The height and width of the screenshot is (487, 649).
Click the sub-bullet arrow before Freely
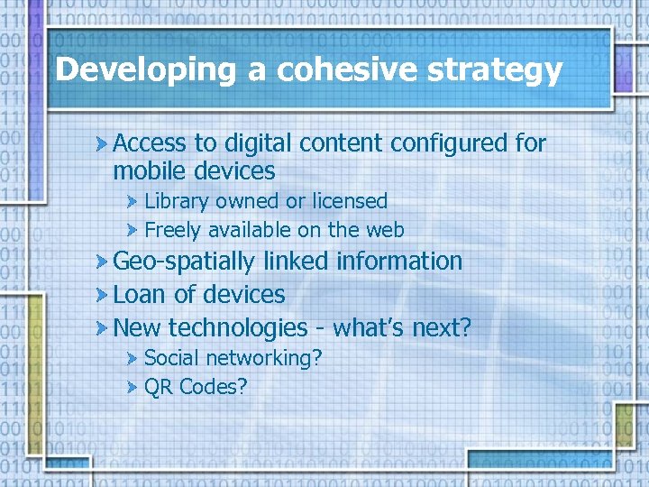point(133,231)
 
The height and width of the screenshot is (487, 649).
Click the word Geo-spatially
point(185,262)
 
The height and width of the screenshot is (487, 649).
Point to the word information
point(398,261)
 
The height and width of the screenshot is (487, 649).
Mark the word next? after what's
point(442,327)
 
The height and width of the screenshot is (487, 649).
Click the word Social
point(171,358)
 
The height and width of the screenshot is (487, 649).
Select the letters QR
point(159,387)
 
